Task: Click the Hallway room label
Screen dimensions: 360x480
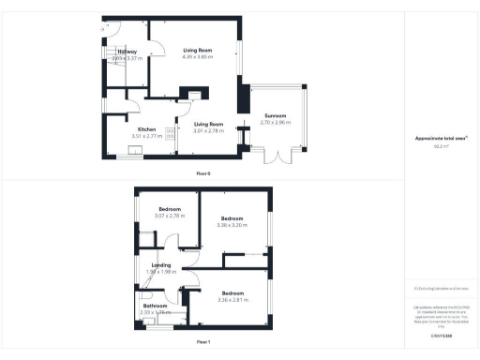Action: (127, 52)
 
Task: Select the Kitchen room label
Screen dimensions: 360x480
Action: (146, 128)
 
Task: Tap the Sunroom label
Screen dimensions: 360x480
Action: (275, 115)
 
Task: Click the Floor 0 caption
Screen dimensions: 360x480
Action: (203, 173)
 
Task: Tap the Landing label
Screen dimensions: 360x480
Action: (161, 265)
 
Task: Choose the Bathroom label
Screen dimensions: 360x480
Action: (155, 306)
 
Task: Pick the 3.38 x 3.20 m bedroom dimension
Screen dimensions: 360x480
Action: (232, 225)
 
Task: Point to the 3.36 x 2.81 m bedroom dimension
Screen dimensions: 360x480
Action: (231, 300)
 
